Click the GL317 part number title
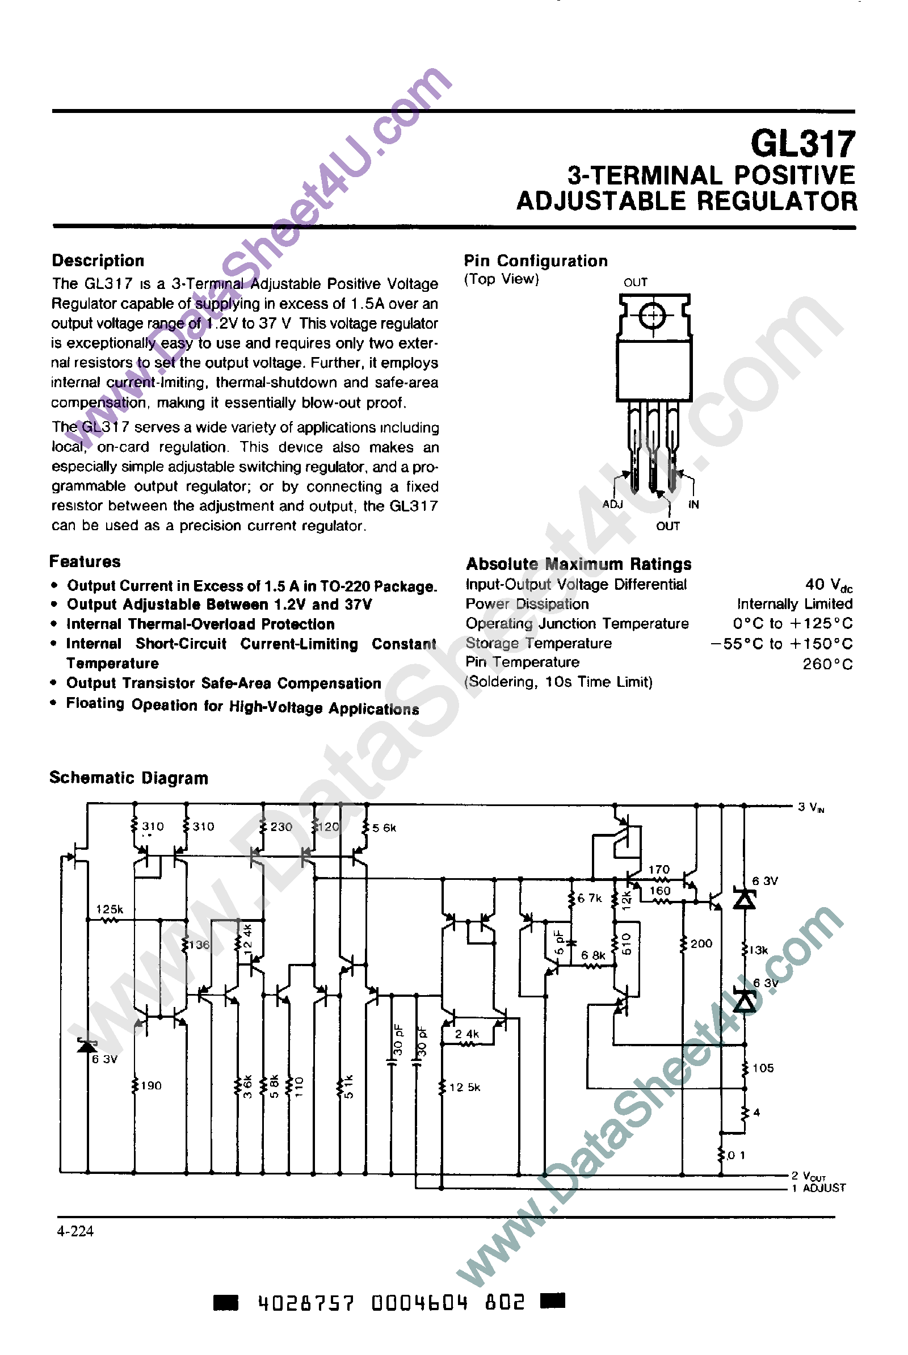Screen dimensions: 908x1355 click(x=802, y=144)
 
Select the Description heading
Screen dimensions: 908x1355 click(x=98, y=261)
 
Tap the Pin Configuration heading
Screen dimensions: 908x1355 click(x=536, y=261)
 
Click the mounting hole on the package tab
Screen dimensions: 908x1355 click(x=653, y=316)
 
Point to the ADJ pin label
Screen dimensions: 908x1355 click(x=612, y=504)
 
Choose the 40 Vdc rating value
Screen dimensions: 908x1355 click(x=828, y=585)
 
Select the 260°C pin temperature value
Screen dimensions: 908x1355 click(x=827, y=664)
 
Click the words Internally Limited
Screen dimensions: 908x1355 click(x=794, y=604)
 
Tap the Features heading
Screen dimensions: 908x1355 click(x=85, y=561)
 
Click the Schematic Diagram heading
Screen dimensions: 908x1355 click(x=129, y=778)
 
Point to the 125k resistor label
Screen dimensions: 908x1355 click(x=110, y=909)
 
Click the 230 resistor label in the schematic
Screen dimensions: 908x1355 click(x=281, y=827)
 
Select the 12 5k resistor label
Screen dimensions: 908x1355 click(x=464, y=1088)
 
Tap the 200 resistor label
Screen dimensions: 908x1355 click(x=701, y=943)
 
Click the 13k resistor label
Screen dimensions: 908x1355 click(x=758, y=950)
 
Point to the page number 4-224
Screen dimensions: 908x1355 click(x=75, y=1231)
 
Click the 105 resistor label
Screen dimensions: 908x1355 click(x=763, y=1068)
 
